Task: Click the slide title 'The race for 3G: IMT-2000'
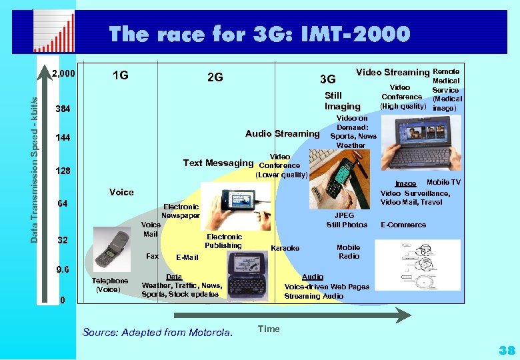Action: (259, 33)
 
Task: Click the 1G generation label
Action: (120, 76)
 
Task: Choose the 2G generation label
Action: (215, 77)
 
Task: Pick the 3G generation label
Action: (327, 80)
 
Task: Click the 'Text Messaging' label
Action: (218, 163)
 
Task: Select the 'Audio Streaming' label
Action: (282, 133)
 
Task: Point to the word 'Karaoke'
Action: (285, 248)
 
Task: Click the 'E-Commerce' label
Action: (403, 225)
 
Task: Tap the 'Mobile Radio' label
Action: (348, 251)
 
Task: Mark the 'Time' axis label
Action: (269, 329)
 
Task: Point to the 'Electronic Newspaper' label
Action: (180, 211)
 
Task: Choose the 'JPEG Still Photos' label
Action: (346, 220)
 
